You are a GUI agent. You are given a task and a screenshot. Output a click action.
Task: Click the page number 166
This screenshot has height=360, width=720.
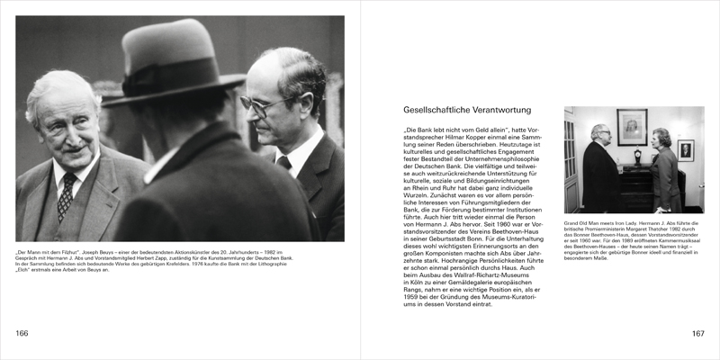point(22,334)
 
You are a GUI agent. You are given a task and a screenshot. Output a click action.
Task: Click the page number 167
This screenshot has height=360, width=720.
point(697,334)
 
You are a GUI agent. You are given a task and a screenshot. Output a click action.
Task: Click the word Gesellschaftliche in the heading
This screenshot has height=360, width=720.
point(434,109)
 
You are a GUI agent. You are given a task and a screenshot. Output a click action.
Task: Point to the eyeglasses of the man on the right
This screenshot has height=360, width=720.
point(261,105)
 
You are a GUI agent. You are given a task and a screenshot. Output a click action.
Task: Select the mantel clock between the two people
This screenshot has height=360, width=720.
point(635,156)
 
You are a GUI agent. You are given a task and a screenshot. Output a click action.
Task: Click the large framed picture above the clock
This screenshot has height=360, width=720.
point(632,127)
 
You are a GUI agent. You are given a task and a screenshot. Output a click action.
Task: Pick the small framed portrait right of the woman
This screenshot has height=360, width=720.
point(686,150)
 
